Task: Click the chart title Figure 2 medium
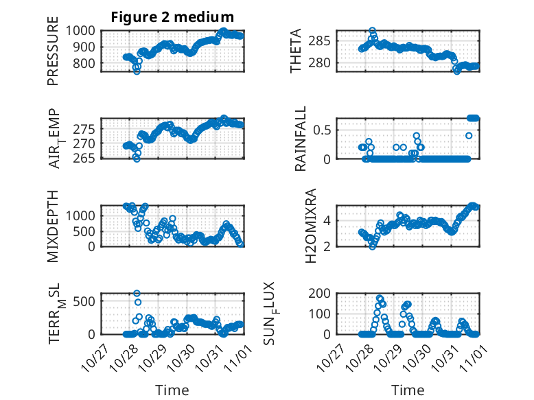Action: [x=173, y=17]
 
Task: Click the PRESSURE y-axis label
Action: [x=54, y=55]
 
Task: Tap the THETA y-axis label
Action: [x=296, y=51]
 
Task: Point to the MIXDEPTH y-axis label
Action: [x=54, y=226]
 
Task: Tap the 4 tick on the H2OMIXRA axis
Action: [x=328, y=220]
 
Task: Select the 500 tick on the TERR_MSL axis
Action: [x=90, y=300]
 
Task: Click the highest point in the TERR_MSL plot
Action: [x=137, y=294]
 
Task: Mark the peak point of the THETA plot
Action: [x=372, y=31]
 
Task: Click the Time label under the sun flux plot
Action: [x=408, y=390]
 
